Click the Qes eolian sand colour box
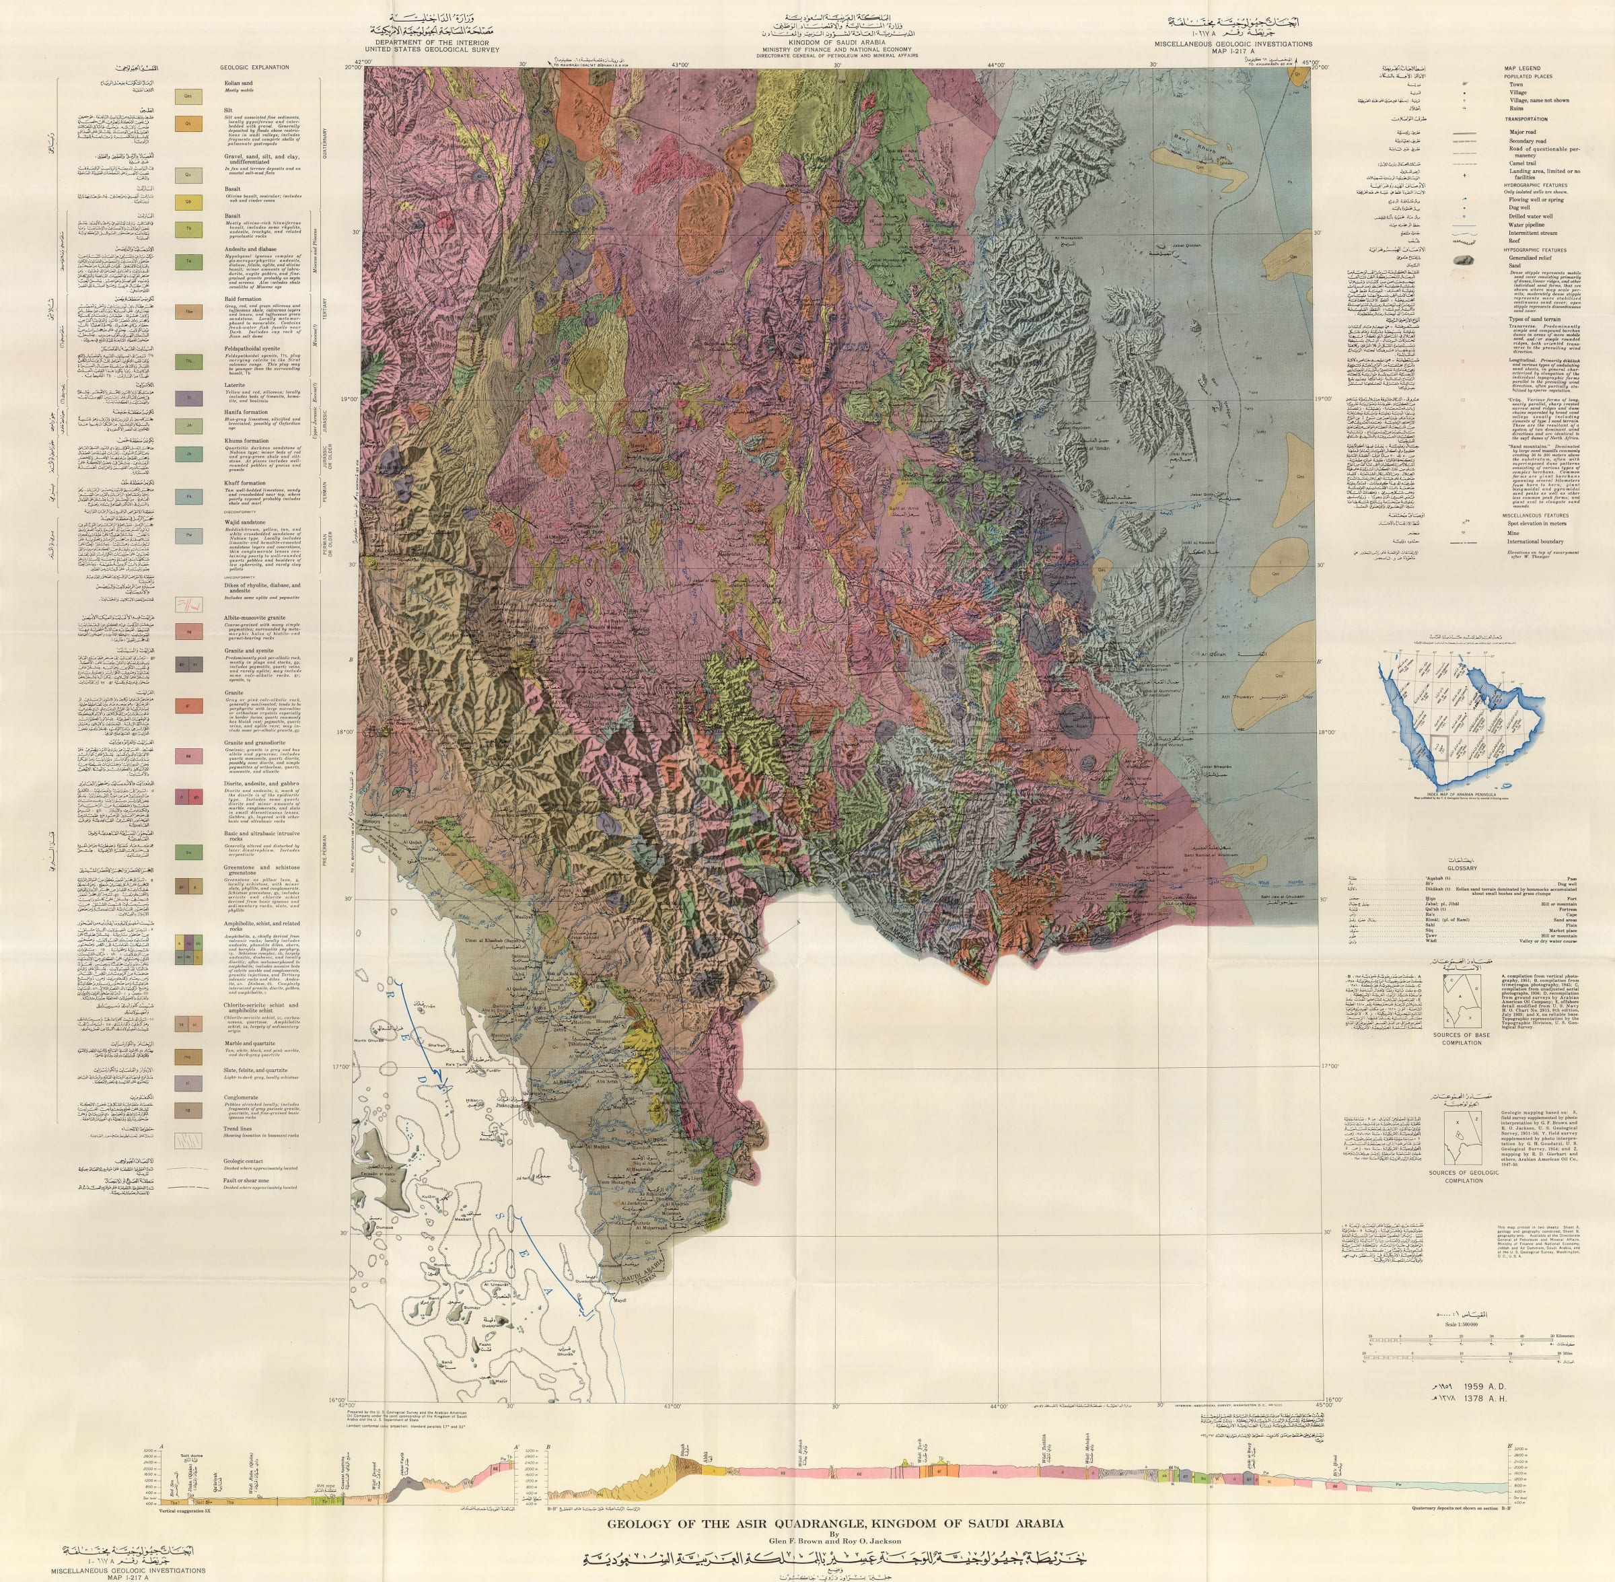188,96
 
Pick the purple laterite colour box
188,399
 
